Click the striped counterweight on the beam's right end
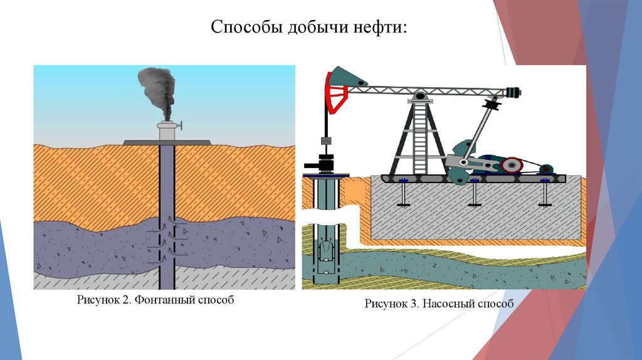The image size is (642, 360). (x=515, y=92)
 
